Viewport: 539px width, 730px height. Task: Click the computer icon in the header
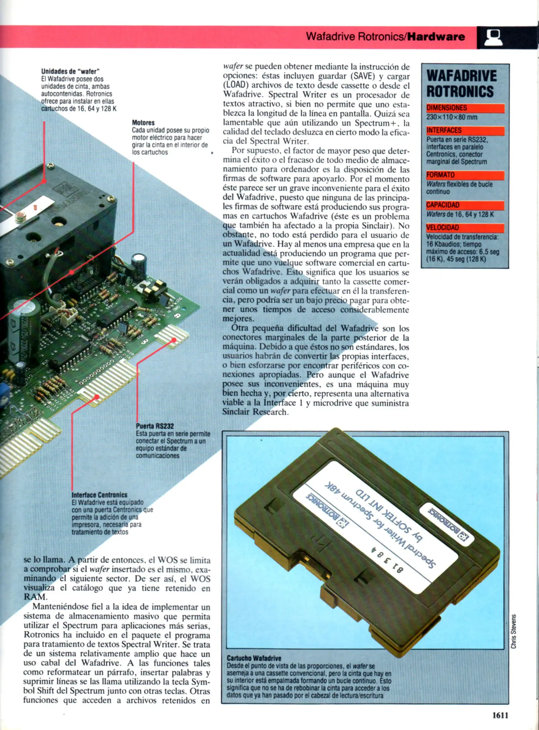pos(493,38)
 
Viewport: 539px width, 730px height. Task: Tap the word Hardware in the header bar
pos(436,36)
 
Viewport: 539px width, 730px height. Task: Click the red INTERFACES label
pos(444,130)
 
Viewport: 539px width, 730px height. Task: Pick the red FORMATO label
pos(440,175)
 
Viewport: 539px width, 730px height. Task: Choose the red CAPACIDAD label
pos(443,205)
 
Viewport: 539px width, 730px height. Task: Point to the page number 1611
pos(500,715)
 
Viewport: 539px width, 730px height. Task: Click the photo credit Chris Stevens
pos(513,631)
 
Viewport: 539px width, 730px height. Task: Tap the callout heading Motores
pos(143,123)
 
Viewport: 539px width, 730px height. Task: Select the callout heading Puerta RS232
pos(155,426)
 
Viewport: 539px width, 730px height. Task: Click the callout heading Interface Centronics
pos(99,495)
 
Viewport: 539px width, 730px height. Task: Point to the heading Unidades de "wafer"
pos(70,71)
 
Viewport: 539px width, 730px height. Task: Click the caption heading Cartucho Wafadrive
pos(254,658)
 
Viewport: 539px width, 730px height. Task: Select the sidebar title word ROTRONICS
pos(460,92)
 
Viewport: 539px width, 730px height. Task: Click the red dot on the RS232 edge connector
pos(174,340)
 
